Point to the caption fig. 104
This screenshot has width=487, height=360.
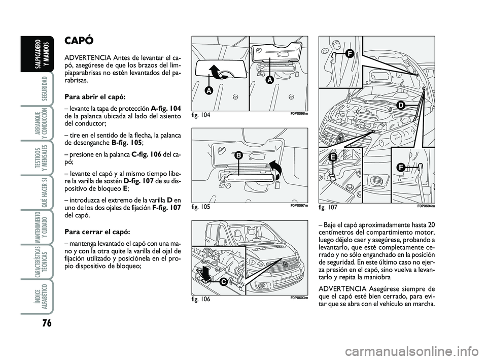coord(201,115)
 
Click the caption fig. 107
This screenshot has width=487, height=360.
coord(328,207)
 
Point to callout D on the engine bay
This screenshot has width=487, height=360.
coord(400,105)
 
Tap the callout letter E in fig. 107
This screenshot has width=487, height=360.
coord(333,157)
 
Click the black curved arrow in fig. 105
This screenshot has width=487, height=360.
coord(275,171)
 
